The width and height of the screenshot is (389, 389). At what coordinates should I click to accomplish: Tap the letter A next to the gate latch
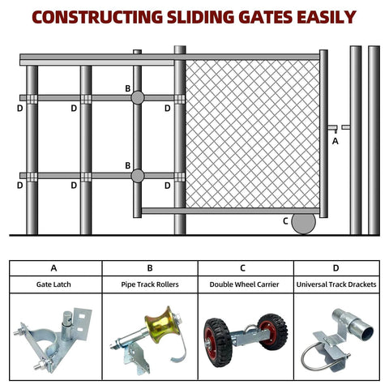click(336, 141)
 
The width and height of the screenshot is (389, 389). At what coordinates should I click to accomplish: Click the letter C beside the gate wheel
click(285, 220)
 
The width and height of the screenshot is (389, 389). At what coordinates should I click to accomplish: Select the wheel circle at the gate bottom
click(303, 223)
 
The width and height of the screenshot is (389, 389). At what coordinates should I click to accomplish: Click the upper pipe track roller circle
click(137, 97)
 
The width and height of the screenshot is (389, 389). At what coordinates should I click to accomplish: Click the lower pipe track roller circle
click(137, 175)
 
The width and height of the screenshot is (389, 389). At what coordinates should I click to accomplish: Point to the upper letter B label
click(127, 88)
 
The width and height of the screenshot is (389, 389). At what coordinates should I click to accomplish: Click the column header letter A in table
click(53, 267)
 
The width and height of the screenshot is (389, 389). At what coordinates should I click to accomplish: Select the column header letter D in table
click(336, 267)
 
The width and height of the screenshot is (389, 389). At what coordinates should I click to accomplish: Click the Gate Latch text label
click(53, 284)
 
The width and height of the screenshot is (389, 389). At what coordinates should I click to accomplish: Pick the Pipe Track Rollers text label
click(150, 284)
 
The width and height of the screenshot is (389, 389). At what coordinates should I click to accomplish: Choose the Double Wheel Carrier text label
click(246, 284)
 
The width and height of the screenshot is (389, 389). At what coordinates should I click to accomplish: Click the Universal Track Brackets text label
click(336, 284)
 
